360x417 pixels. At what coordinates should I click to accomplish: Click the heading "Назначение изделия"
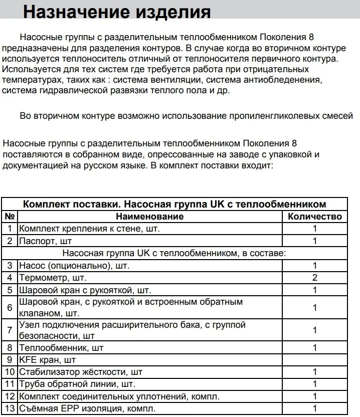[x=117, y=12]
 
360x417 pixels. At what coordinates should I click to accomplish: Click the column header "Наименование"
[x=149, y=217]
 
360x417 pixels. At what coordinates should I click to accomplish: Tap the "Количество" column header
[x=315, y=217]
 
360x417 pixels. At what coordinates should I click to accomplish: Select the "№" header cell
[x=10, y=217]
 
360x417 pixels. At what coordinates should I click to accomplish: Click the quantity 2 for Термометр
[x=315, y=277]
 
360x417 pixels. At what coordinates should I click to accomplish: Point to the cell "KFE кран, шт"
[x=47, y=359]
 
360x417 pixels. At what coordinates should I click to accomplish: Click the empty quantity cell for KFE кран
[x=315, y=359]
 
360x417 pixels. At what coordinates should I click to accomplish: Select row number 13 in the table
[x=10, y=408]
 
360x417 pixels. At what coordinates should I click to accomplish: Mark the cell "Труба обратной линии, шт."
[x=77, y=384]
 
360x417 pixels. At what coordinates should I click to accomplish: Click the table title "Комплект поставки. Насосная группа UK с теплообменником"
[x=175, y=204]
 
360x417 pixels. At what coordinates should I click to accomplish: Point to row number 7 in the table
[x=10, y=330]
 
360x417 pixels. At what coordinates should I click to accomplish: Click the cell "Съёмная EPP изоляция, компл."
[x=84, y=408]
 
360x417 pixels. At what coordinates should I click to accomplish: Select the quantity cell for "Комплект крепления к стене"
[x=315, y=229]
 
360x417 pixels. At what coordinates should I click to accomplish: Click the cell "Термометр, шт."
[x=53, y=277]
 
